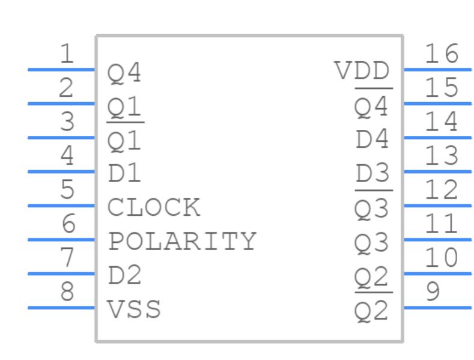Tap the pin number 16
pos(442,55)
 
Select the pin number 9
pos(433,293)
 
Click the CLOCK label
pos(154,208)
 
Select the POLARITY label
pos(182,242)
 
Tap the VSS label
pos(135,310)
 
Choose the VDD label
pos(362,72)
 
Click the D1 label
pos(124,174)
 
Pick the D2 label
pos(124,276)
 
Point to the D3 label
pos(372,174)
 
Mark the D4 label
pos(372,140)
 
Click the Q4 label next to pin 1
pos(124,74)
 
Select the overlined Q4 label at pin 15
pos(372,108)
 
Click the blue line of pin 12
pos(437,206)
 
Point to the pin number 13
pos(442,157)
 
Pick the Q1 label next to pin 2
pos(124,108)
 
